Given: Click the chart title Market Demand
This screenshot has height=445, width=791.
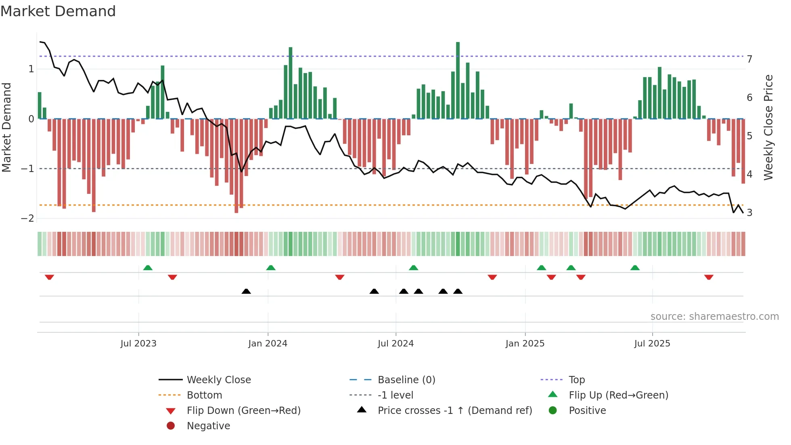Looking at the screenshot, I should (58, 11).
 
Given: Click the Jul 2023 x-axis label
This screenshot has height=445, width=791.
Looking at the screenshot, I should (138, 344).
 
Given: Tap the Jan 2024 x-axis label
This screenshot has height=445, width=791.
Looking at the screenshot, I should (268, 344).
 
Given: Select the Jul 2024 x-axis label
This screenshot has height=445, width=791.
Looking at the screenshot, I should (395, 344).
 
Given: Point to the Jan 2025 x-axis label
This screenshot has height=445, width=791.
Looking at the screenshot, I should (525, 344).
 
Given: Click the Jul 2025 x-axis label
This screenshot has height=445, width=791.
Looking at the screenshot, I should (652, 344).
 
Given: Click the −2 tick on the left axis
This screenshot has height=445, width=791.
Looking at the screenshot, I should (27, 218).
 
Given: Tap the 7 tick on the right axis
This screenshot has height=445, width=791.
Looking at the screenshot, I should (749, 59).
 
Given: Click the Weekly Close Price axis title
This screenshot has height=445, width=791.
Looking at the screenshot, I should (768, 127).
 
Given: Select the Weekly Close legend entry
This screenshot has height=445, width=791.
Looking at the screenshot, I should (218, 380).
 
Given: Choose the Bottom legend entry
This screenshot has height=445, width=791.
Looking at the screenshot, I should (204, 395).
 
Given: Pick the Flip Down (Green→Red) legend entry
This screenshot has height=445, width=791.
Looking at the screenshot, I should (243, 411).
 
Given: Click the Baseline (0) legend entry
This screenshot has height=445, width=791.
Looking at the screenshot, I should (406, 380).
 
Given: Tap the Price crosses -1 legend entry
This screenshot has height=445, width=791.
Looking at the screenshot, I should (454, 411).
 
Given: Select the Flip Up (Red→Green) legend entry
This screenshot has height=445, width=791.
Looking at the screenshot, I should (618, 395).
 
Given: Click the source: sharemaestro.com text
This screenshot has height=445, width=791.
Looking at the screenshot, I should (714, 317).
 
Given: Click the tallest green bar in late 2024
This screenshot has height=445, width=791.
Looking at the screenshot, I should (458, 81).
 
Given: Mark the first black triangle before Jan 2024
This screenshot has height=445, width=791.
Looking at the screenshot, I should (246, 291).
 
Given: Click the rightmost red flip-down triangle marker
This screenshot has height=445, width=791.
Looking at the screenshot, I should (709, 277).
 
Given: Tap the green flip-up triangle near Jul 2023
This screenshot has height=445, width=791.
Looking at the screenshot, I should (148, 268).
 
